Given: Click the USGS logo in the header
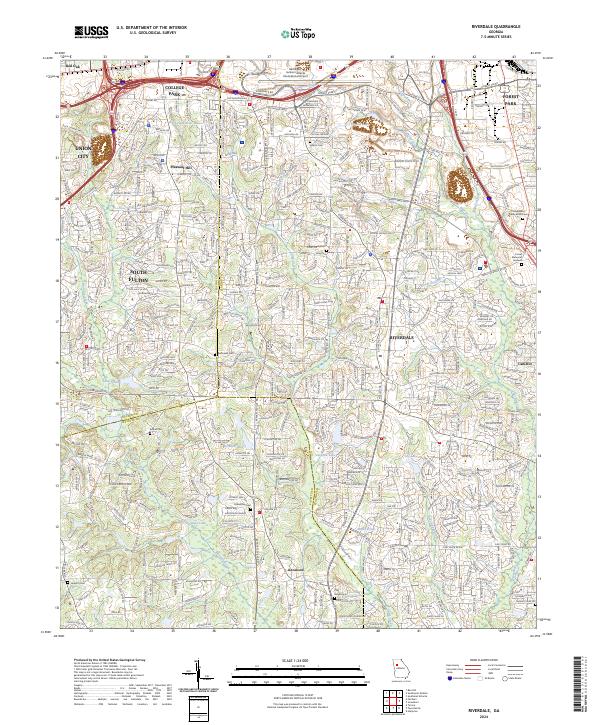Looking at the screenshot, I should point(91,32).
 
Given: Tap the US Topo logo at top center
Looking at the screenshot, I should point(289,32).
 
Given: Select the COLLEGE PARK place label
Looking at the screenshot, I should point(177,90).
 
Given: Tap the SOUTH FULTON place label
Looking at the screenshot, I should point(138,276).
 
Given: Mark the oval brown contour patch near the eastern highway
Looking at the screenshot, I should point(461,182).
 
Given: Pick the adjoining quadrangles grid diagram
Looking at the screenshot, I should point(391,704).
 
